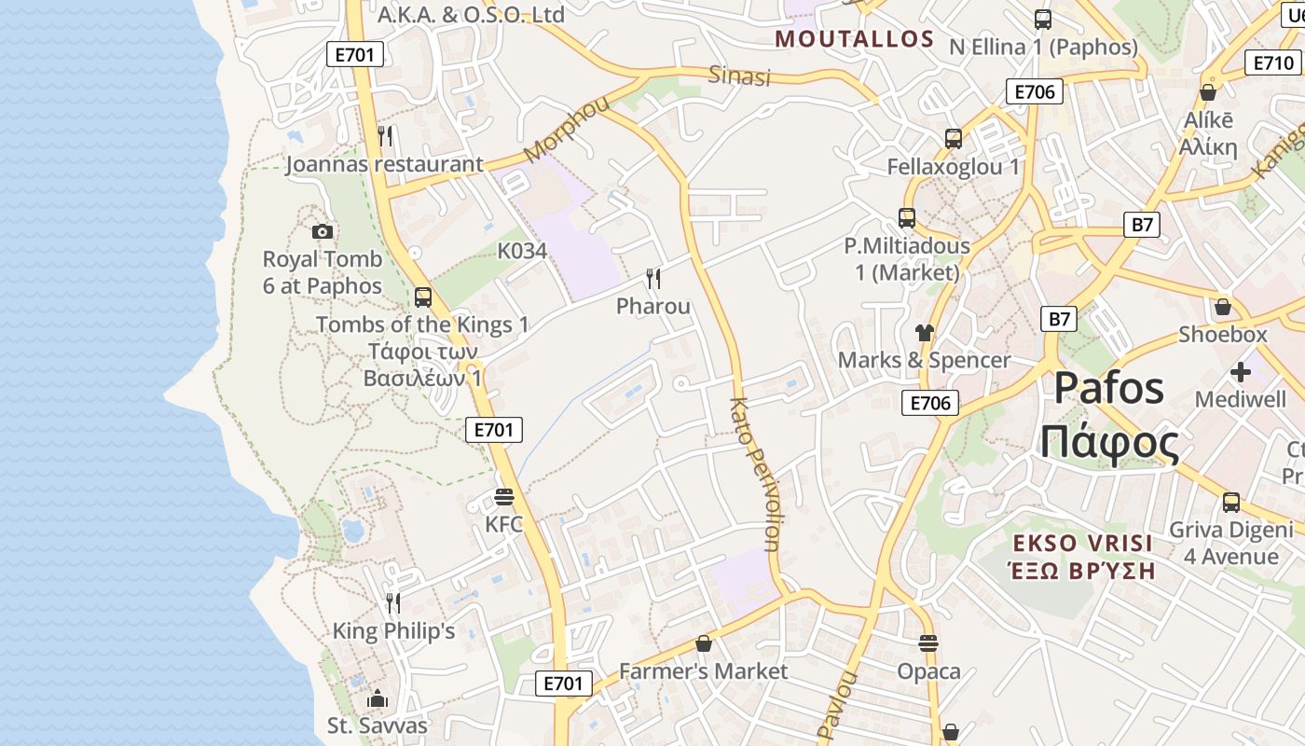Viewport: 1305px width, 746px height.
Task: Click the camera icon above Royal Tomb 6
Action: coord(323,231)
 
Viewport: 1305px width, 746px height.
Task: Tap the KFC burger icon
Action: coord(504,497)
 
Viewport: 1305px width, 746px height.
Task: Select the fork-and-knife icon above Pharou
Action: coord(653,278)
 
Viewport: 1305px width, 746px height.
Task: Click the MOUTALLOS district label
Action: coord(855,39)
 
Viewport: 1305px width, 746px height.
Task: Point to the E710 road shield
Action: coord(1272,63)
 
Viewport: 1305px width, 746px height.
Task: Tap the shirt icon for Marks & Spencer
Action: coord(924,332)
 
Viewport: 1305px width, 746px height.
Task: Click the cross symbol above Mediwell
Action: coord(1240,372)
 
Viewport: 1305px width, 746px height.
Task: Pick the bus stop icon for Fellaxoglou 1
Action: coord(954,139)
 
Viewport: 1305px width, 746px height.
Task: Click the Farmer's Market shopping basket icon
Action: coord(704,643)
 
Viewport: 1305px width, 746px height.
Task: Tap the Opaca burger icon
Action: coord(928,642)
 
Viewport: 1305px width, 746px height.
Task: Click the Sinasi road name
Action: coord(740,76)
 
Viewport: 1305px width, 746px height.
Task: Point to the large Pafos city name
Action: coord(1109,388)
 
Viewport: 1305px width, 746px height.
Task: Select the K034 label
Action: coord(522,251)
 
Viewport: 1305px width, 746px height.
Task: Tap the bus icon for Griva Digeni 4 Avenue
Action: coord(1231,502)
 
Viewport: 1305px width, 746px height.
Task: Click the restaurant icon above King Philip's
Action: coord(393,603)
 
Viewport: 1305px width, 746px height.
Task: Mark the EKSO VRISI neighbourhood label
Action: coord(1083,543)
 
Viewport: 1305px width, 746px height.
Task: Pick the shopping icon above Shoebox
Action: coord(1223,307)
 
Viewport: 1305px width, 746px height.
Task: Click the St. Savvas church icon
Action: coord(378,698)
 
